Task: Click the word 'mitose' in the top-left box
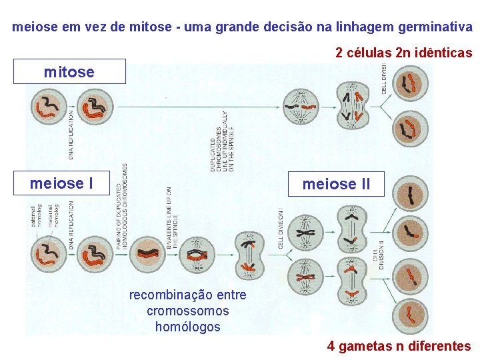click(69, 71)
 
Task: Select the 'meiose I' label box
click(61, 183)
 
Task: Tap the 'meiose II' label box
click(336, 183)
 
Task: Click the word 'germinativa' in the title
click(435, 27)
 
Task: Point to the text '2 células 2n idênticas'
click(403, 53)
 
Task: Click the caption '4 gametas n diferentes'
click(399, 346)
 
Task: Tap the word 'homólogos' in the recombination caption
click(187, 327)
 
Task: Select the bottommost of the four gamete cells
click(411, 313)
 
